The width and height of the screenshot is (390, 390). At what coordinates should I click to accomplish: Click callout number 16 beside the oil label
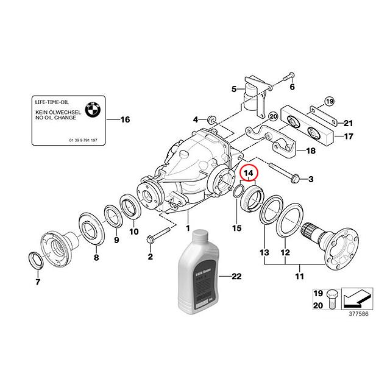126,119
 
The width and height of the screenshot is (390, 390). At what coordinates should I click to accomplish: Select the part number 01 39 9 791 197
83,140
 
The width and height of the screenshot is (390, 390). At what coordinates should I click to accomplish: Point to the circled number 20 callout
273,116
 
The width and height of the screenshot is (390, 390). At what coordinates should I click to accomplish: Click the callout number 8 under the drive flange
96,258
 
